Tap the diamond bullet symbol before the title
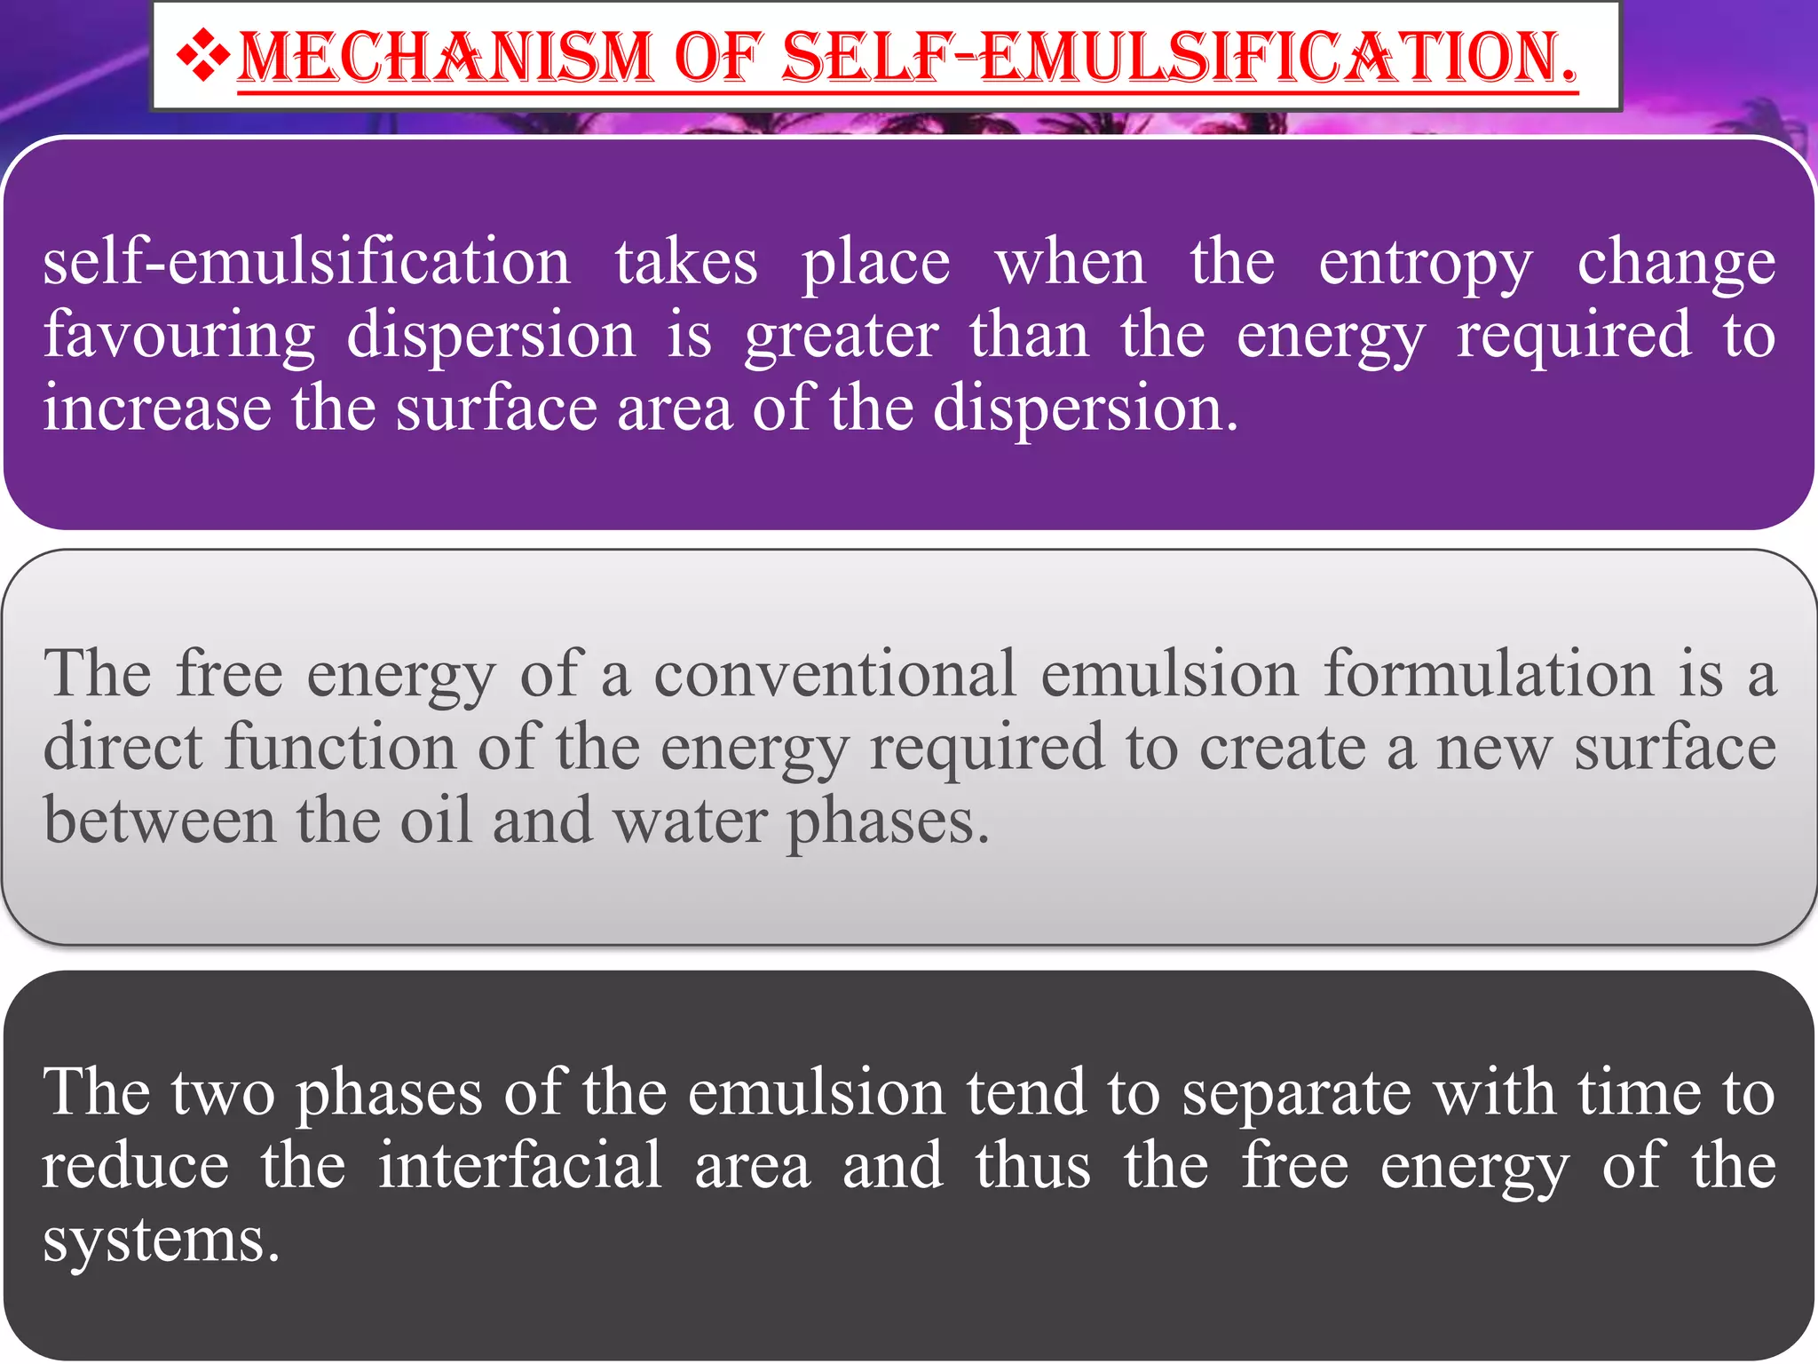point(203,56)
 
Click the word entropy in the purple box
point(1426,264)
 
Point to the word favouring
point(179,337)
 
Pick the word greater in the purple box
point(842,337)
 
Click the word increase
point(157,408)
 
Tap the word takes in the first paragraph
point(686,263)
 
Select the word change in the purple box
point(1676,264)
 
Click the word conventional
point(834,674)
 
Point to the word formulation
point(1489,674)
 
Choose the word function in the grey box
point(340,747)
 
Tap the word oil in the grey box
point(435,820)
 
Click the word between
point(160,820)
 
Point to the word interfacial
point(520,1165)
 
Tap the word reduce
point(135,1165)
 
